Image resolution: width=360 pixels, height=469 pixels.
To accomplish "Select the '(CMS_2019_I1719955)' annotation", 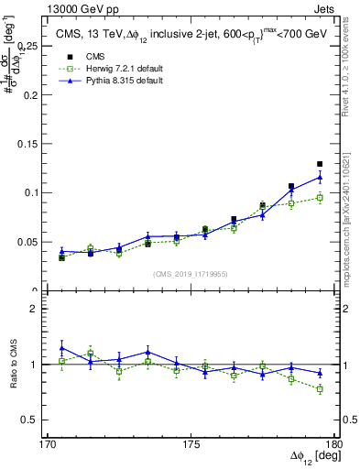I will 191,273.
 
